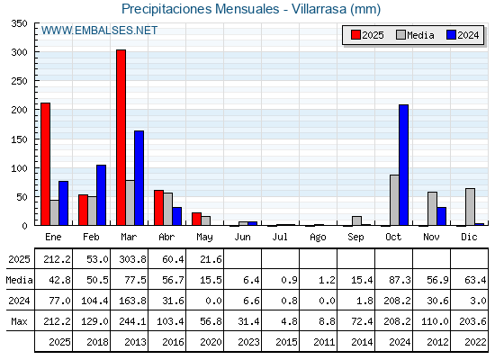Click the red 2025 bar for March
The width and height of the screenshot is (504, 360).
(121, 138)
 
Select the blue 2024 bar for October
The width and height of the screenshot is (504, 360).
(404, 165)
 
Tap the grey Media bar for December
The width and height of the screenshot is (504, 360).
(470, 207)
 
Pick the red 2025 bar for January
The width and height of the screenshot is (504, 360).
(46, 164)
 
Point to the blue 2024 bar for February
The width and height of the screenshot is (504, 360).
(101, 195)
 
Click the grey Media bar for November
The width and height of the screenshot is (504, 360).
(432, 209)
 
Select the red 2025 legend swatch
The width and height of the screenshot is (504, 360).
(355, 35)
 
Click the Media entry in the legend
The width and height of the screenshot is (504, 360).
(415, 35)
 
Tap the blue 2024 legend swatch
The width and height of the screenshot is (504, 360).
(451, 35)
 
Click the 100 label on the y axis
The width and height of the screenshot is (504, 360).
(19, 168)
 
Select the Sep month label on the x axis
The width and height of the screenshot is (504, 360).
(355, 238)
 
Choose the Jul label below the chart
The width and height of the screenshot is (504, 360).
(280, 237)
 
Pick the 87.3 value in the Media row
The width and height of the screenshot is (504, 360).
(400, 280)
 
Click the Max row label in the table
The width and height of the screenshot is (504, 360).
(19, 321)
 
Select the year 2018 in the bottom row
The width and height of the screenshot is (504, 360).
(97, 342)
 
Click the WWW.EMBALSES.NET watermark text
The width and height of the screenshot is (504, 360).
(99, 31)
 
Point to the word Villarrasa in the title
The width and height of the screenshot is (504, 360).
(319, 9)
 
